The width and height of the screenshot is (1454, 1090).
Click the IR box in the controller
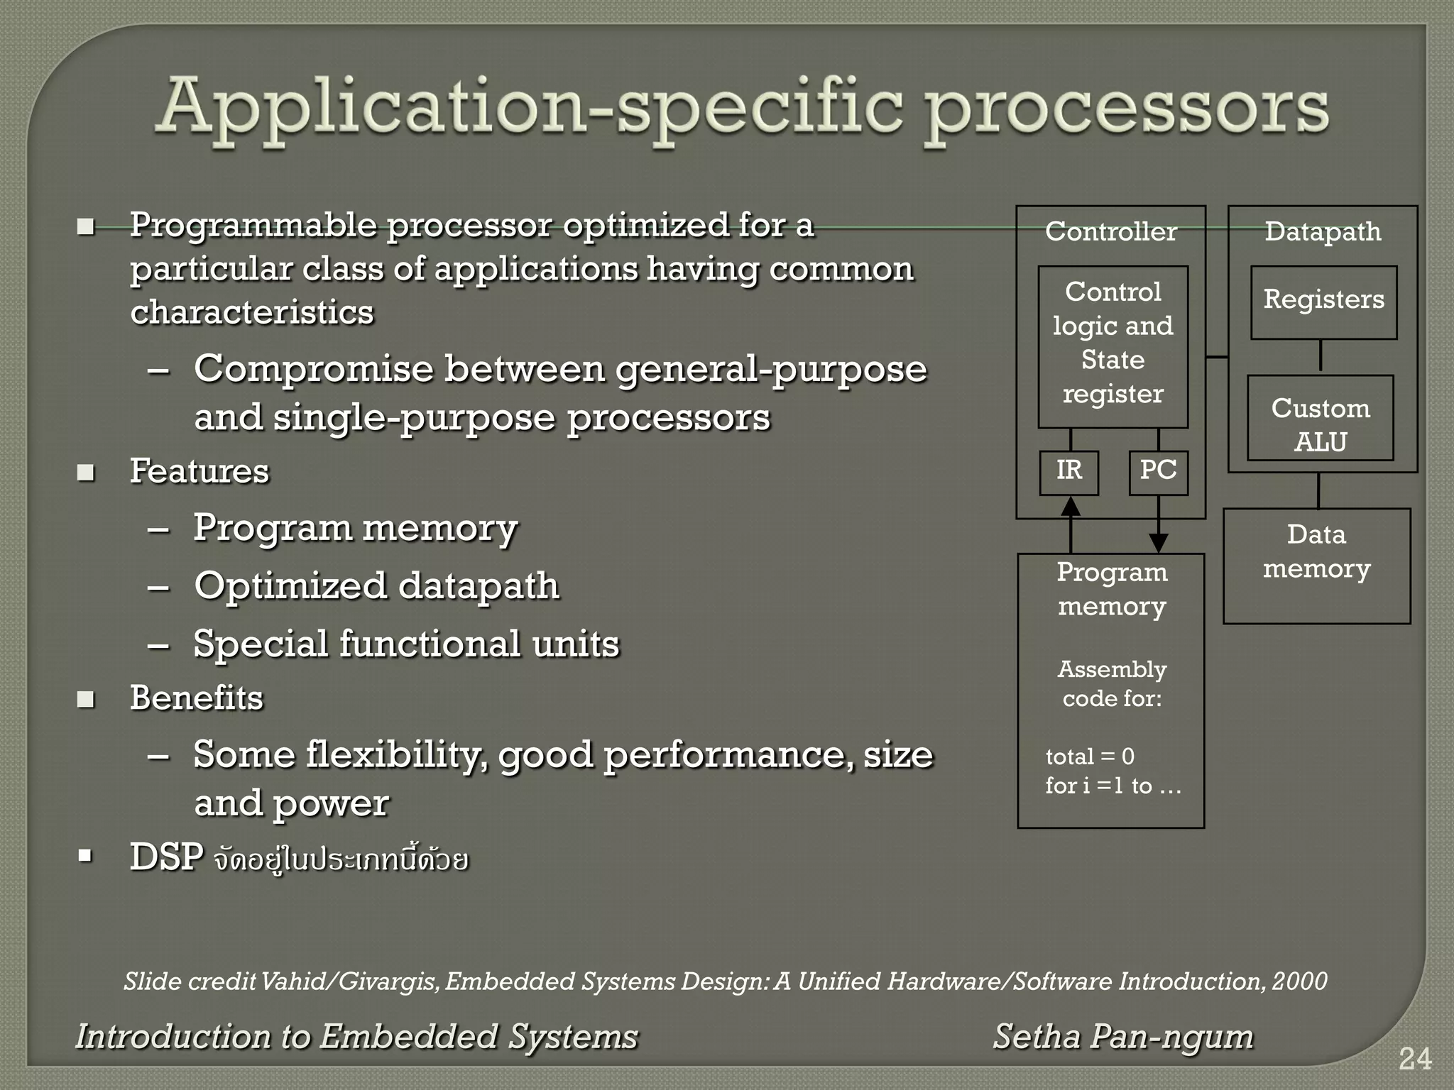coord(1068,472)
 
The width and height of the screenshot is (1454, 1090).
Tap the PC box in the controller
coord(1158,472)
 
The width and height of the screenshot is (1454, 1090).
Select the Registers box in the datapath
coord(1323,302)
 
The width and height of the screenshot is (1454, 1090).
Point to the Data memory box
coord(1316,566)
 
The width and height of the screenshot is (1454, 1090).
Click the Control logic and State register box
coord(1113,346)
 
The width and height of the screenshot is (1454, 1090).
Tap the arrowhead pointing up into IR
coord(1070,505)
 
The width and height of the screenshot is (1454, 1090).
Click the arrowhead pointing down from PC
coord(1158,543)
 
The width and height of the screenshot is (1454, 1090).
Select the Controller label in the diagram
coord(1110,232)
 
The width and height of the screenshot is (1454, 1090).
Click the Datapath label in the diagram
coord(1323,232)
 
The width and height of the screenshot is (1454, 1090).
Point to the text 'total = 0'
coord(1089,756)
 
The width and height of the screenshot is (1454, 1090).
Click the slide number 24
coord(1414,1059)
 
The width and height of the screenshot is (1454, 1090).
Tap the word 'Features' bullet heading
coord(199,471)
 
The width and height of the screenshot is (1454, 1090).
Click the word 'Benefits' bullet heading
coord(197,698)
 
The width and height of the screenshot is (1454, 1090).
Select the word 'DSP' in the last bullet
coord(167,857)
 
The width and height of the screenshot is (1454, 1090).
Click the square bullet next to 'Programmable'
coord(86,227)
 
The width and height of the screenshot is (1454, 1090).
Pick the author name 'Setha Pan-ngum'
coord(1122,1037)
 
